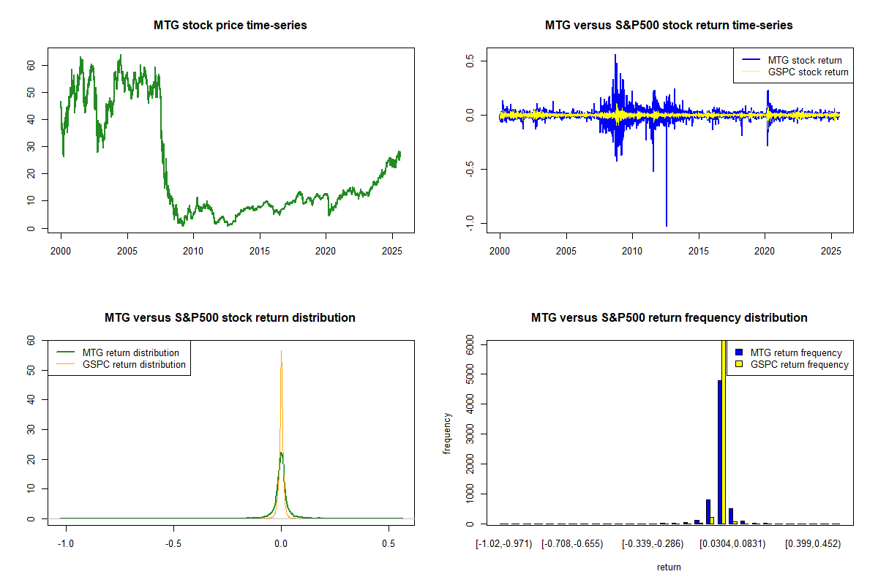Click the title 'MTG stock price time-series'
pyautogui.click(x=230, y=25)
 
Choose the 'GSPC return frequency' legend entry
pyautogui.click(x=799, y=364)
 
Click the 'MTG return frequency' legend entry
pyautogui.click(x=796, y=352)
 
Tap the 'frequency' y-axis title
pyautogui.click(x=447, y=433)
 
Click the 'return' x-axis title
pyautogui.click(x=669, y=567)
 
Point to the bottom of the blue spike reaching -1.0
pyautogui.click(x=666, y=225)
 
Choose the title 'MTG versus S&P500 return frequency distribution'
pyautogui.click(x=669, y=317)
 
